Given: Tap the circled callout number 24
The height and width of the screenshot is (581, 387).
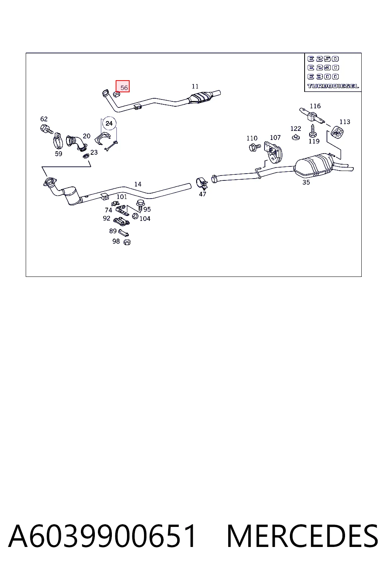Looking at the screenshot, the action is click(x=109, y=123).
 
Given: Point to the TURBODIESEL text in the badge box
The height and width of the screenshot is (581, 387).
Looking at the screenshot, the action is click(x=333, y=86).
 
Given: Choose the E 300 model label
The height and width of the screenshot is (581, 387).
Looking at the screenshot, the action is click(x=323, y=76).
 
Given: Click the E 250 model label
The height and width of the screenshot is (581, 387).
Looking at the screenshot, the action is click(x=323, y=59).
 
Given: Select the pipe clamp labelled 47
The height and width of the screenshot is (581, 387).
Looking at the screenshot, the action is click(x=202, y=183).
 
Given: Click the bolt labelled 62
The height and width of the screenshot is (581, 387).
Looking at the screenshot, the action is click(x=46, y=129).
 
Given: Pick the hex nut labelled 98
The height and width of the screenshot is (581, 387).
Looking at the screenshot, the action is click(x=127, y=242).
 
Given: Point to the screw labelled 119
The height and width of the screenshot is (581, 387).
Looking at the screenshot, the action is click(x=313, y=131).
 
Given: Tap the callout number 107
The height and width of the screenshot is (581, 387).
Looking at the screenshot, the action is click(x=275, y=137).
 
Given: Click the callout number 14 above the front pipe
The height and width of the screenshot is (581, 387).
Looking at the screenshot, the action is click(x=138, y=184).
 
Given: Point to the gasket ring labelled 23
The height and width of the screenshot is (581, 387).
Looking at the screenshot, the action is click(x=86, y=156).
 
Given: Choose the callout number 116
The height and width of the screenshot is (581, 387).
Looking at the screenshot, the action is click(x=315, y=106).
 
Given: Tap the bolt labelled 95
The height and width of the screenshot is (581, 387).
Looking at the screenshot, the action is click(x=141, y=205).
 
